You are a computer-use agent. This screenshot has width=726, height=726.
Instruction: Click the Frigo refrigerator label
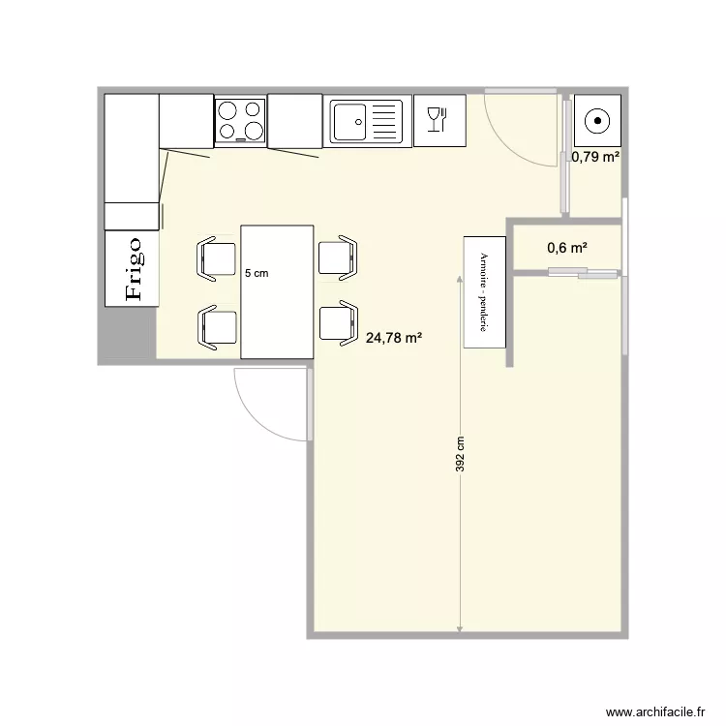tap(133, 268)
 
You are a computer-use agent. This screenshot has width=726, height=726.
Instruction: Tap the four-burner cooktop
tap(240, 121)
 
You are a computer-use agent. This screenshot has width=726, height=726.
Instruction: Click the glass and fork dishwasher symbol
tap(439, 120)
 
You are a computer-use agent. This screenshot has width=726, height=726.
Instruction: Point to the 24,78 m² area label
tap(394, 338)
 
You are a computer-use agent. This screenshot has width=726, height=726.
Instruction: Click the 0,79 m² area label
tap(595, 157)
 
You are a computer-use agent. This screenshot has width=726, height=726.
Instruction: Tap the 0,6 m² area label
tap(567, 248)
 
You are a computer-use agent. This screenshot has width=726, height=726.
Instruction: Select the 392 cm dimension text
tap(461, 453)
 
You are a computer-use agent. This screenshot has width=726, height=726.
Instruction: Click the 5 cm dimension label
tap(257, 274)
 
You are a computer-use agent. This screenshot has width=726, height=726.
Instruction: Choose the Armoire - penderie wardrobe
tap(485, 290)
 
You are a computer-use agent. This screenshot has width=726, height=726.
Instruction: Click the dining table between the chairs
tap(277, 291)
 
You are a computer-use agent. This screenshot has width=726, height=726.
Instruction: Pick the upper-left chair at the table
tap(217, 258)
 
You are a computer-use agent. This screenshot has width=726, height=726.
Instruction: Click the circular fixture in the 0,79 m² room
tap(597, 121)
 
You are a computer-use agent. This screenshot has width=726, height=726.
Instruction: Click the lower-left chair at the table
tap(217, 325)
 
